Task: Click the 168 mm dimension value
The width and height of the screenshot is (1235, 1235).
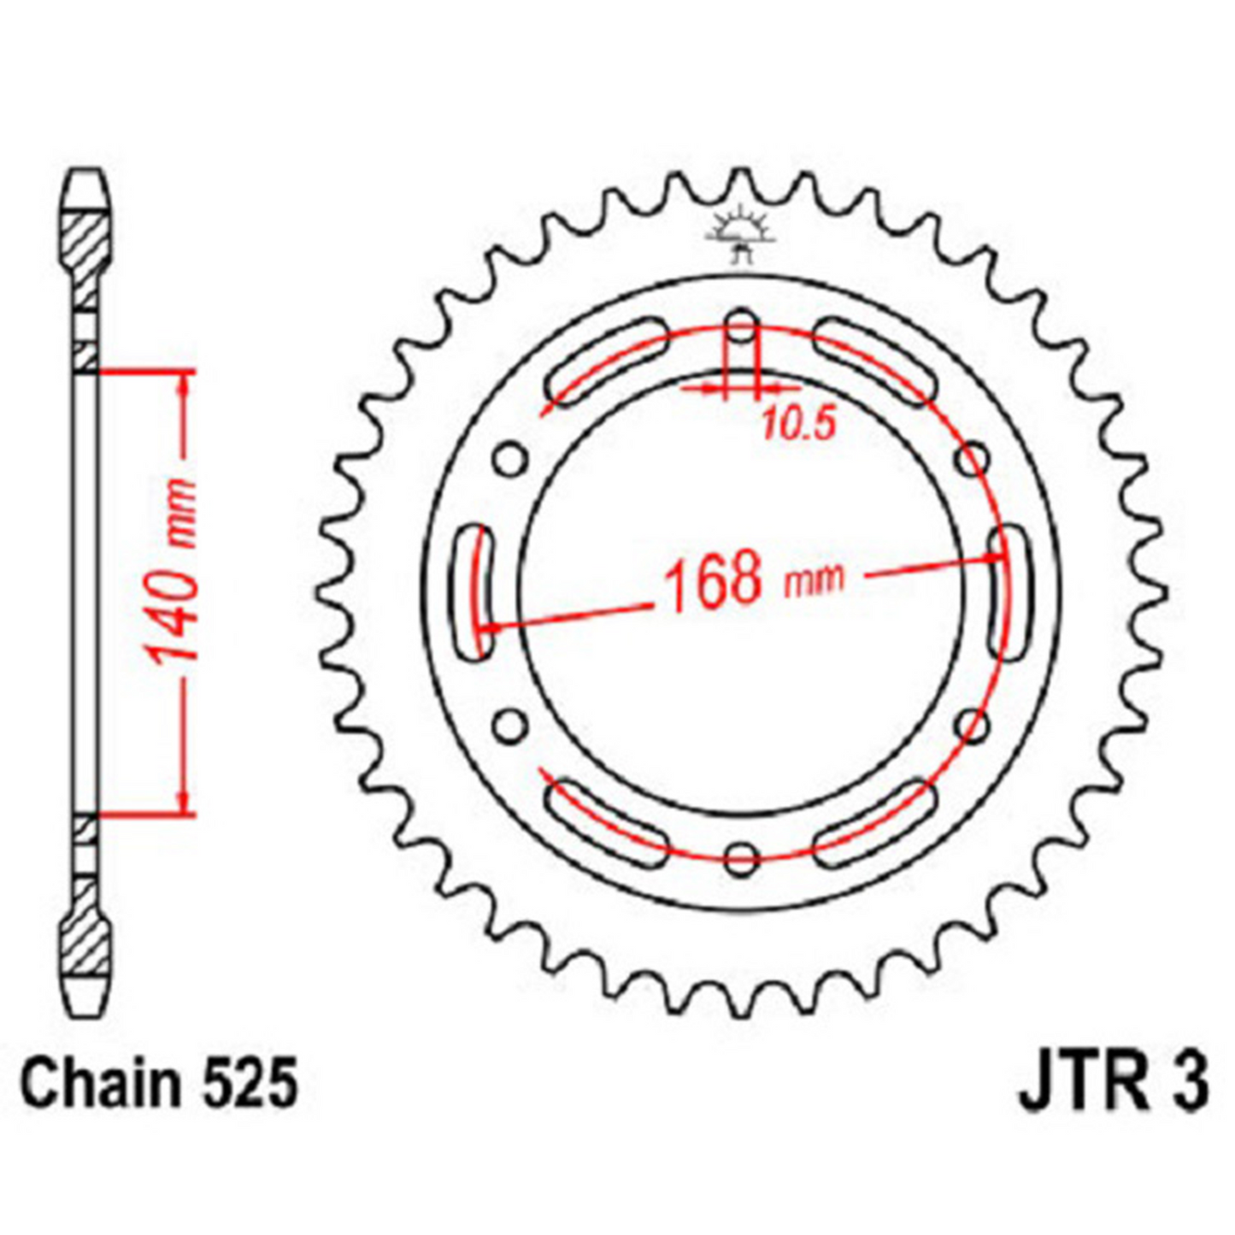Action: tap(752, 581)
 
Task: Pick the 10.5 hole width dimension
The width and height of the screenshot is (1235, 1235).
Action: tap(797, 424)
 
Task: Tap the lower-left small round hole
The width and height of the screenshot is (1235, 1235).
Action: tap(510, 727)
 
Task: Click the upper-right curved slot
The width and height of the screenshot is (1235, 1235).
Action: tap(873, 362)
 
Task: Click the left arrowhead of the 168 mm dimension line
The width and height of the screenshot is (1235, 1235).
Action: tap(491, 628)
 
